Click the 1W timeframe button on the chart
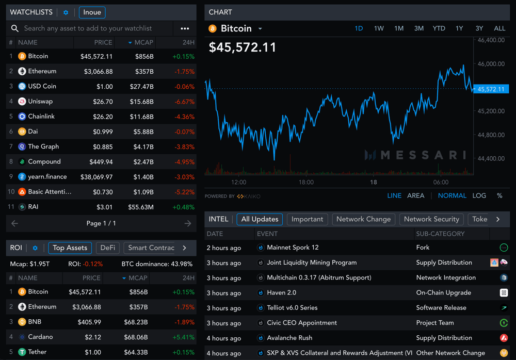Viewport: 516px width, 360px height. pyautogui.click(x=379, y=28)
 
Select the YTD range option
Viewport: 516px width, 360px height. pyautogui.click(x=439, y=28)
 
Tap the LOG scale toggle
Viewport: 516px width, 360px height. pyautogui.click(x=479, y=195)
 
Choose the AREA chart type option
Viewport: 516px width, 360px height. pyautogui.click(x=415, y=195)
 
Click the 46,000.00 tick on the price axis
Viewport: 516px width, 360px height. pyautogui.click(x=491, y=64)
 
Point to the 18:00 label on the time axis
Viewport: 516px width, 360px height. pyautogui.click(x=306, y=182)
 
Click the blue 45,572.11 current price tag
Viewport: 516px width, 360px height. pyautogui.click(x=491, y=89)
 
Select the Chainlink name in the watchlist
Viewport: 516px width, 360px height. pyautogui.click(x=41, y=117)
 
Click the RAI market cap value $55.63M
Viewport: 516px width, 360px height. pyautogui.click(x=140, y=207)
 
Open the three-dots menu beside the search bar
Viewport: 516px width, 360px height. pyautogui.click(x=185, y=28)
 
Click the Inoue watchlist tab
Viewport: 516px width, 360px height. pyautogui.click(x=92, y=12)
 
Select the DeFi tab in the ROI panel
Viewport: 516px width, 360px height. pyautogui.click(x=107, y=248)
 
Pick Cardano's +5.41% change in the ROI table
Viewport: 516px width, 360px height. pyautogui.click(x=184, y=337)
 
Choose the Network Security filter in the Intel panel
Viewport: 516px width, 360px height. pyautogui.click(x=431, y=219)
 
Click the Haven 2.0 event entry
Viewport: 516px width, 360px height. pyautogui.click(x=281, y=292)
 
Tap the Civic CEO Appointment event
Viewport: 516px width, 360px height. pyautogui.click(x=301, y=323)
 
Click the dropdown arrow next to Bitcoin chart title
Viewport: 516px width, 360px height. pyautogui.click(x=260, y=29)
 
